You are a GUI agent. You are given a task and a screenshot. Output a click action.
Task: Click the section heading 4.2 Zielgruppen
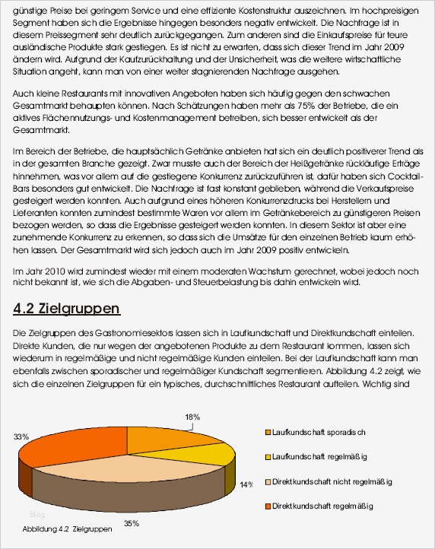pyautogui.click(x=67, y=309)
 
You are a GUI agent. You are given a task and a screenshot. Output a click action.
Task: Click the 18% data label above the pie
pyautogui.click(x=192, y=416)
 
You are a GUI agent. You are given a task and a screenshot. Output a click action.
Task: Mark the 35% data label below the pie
pyautogui.click(x=131, y=523)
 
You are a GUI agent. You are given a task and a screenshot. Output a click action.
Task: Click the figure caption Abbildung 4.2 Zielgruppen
pyautogui.click(x=68, y=528)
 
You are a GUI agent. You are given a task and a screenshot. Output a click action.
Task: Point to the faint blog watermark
pyautogui.click(x=37, y=515)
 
